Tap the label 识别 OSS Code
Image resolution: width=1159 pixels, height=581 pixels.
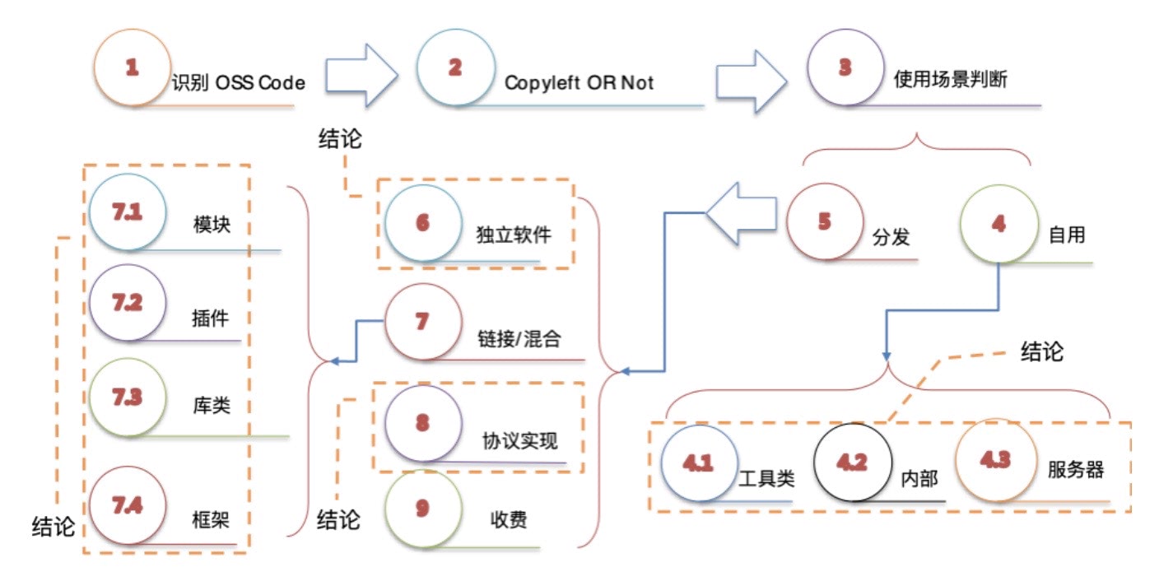[238, 82]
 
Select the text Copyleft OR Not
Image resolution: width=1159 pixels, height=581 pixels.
[579, 83]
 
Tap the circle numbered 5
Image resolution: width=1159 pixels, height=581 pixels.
[825, 223]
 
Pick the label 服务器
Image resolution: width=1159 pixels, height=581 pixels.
[1075, 471]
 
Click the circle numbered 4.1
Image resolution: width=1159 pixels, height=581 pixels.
[698, 462]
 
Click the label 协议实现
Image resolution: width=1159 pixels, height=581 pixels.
[519, 441]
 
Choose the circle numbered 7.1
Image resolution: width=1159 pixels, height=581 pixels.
[128, 212]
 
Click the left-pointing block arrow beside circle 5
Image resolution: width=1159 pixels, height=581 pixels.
[741, 215]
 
